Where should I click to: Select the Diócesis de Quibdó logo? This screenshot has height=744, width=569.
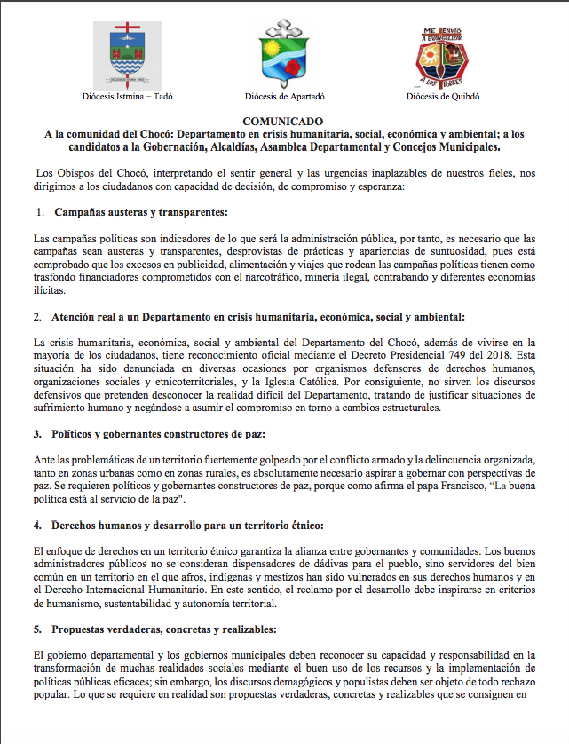(x=440, y=54)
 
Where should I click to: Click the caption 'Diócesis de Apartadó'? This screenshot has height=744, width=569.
(x=285, y=95)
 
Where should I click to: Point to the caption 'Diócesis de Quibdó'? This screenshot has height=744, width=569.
(x=441, y=95)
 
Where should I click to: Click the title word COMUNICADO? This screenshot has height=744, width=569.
(x=284, y=120)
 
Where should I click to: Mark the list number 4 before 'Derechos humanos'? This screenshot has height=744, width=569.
(x=39, y=525)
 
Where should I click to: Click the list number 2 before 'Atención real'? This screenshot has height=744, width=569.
(x=39, y=317)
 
